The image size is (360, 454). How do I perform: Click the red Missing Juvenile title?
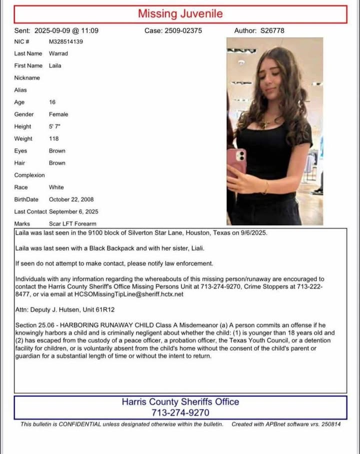[180, 13]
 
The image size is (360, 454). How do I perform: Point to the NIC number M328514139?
[66, 41]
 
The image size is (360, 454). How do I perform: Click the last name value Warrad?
[58, 53]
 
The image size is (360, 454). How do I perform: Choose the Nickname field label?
[27, 78]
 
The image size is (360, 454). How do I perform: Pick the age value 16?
[52, 102]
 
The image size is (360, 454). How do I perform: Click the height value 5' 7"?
[54, 126]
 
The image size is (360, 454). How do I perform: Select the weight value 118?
[54, 138]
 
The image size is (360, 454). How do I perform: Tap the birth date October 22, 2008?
[71, 199]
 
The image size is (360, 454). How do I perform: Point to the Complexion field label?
[29, 175]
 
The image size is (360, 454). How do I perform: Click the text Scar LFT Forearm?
[72, 224]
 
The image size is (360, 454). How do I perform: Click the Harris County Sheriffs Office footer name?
[180, 402]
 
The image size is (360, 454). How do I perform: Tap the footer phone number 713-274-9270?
[180, 413]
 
